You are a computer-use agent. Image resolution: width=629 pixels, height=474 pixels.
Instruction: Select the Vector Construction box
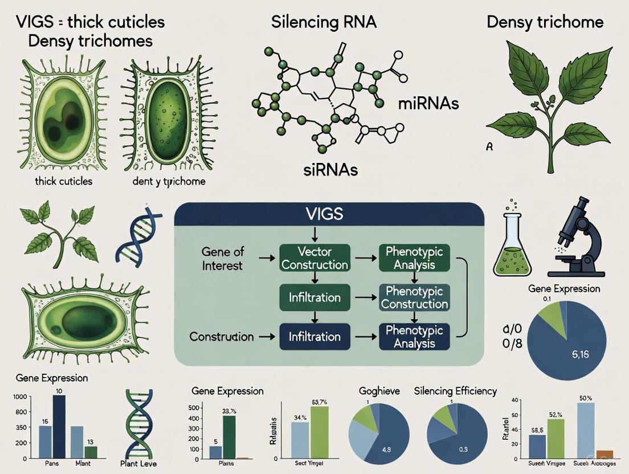(x=314, y=258)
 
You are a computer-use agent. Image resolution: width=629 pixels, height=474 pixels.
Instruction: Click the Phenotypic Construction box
(x=414, y=297)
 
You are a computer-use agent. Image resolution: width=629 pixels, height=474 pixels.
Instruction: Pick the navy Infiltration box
(x=314, y=336)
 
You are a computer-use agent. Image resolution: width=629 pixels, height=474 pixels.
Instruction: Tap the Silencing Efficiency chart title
(x=455, y=391)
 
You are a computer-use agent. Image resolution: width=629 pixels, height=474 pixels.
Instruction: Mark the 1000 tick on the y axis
(x=19, y=397)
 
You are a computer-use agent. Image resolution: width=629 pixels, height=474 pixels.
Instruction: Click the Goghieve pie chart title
(x=379, y=391)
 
